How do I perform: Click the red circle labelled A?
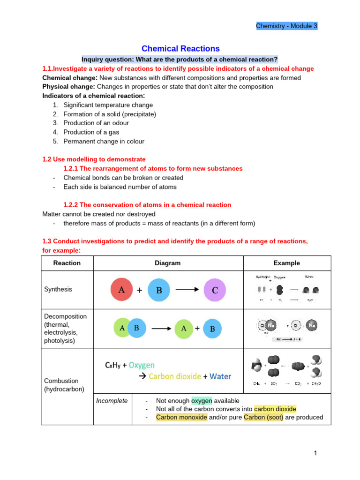pyautogui.click(x=122, y=290)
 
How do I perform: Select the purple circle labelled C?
pyautogui.click(x=215, y=290)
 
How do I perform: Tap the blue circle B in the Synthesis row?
pyautogui.click(x=159, y=290)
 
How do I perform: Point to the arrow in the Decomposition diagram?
pyautogui.click(x=161, y=329)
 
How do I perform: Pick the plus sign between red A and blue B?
pyautogui.click(x=140, y=290)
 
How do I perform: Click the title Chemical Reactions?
pyautogui.click(x=180, y=49)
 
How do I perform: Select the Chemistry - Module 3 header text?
pyautogui.click(x=286, y=26)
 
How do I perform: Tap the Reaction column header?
pyautogui.click(x=67, y=263)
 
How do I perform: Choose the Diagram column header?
pyautogui.click(x=168, y=263)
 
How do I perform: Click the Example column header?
pyautogui.click(x=287, y=263)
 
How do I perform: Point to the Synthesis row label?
pyautogui.click(x=58, y=289)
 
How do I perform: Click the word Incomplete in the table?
pyautogui.click(x=112, y=401)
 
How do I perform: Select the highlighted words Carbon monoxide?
pyautogui.click(x=181, y=417)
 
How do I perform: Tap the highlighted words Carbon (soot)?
pyautogui.click(x=263, y=417)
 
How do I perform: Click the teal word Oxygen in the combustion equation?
pyautogui.click(x=142, y=365)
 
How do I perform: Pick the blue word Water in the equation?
pyautogui.click(x=220, y=376)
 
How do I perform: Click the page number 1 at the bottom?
pyautogui.click(x=316, y=453)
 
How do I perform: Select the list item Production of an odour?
pyautogui.click(x=96, y=123)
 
